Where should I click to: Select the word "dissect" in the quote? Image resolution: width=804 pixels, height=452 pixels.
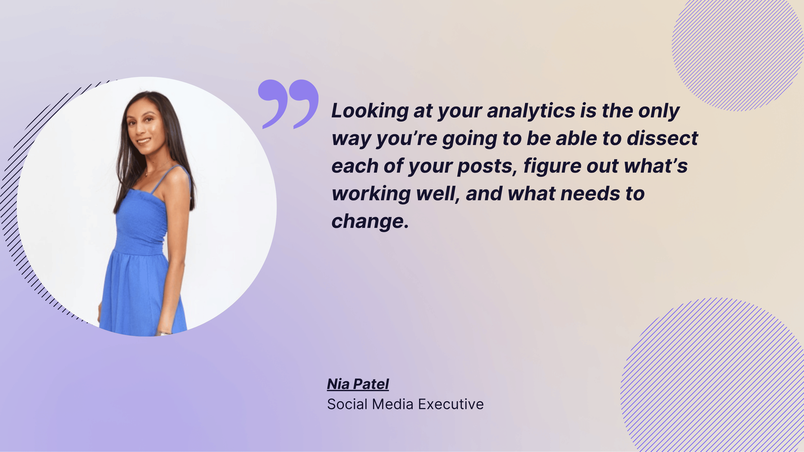click(662, 139)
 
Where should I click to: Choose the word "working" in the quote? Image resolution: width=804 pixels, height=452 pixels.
click(371, 194)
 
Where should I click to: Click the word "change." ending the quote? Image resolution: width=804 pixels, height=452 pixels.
click(370, 221)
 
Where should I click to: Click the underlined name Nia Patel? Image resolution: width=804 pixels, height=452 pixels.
click(358, 384)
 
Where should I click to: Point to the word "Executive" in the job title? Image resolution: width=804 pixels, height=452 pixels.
click(451, 404)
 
